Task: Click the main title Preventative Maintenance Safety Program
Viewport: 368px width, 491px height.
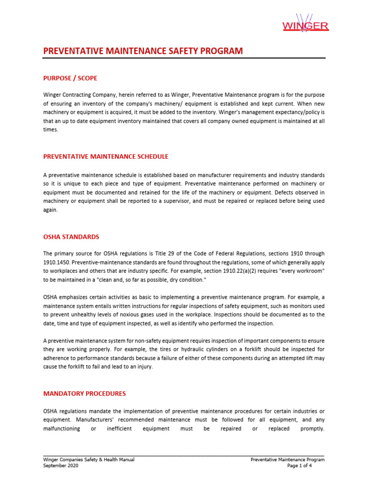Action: click(x=143, y=51)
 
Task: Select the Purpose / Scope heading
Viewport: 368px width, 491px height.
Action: click(x=70, y=78)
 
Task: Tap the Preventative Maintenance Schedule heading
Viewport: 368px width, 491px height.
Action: click(x=106, y=157)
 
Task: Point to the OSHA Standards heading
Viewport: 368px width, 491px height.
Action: click(x=71, y=236)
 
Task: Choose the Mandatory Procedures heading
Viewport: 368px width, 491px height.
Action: click(x=84, y=394)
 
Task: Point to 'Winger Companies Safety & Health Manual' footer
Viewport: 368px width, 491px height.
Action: click(x=89, y=459)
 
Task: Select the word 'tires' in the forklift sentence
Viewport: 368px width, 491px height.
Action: click(x=126, y=350)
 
